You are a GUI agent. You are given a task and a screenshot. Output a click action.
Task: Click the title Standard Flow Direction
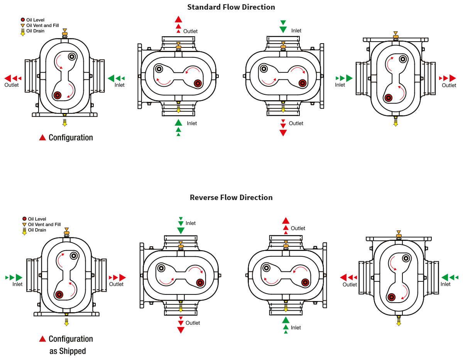(231, 7)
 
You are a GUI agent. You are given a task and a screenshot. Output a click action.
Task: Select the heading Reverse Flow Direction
(231, 197)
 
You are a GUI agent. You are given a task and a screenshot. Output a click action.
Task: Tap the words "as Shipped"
(68, 351)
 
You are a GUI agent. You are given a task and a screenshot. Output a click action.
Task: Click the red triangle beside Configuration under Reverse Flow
(42, 339)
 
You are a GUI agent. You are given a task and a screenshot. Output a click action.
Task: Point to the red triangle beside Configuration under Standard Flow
(42, 138)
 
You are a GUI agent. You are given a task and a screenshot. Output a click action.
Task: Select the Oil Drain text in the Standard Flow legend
(35, 31)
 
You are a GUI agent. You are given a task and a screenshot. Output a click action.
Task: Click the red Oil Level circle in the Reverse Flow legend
(24, 219)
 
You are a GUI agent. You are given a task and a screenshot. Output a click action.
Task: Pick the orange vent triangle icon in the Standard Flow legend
(23, 25)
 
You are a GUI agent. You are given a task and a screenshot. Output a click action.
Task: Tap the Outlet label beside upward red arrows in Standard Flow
(190, 31)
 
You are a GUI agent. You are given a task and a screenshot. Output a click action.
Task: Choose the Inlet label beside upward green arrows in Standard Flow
(192, 123)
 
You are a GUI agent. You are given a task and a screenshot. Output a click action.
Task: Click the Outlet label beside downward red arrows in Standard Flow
(296, 123)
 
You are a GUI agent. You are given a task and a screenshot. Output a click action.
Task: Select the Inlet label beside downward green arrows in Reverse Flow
(191, 223)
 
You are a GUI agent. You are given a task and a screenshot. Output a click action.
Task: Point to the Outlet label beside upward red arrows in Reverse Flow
(298, 228)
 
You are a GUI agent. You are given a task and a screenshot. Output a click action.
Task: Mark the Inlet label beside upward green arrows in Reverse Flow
(296, 328)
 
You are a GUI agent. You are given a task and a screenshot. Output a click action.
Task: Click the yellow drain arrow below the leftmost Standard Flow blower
(64, 123)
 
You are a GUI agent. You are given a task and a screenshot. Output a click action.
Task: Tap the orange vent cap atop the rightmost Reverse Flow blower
(399, 236)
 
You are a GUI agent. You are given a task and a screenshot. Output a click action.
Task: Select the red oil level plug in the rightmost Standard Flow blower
(388, 98)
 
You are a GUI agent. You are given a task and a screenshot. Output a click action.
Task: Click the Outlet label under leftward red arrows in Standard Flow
(12, 85)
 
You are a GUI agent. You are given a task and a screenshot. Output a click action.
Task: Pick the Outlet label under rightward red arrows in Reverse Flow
(116, 284)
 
